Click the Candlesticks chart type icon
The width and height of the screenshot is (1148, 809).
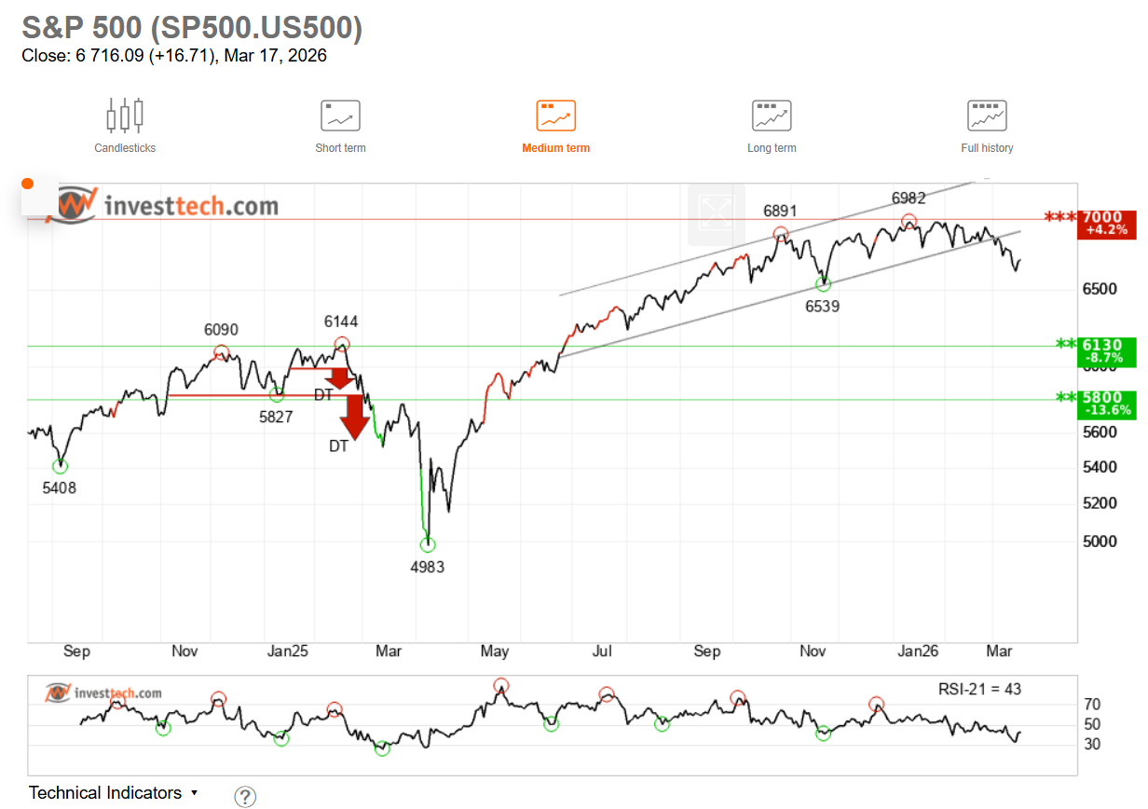point(125,116)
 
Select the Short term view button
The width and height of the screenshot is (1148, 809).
point(340,116)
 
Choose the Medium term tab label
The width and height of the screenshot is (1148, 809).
point(555,148)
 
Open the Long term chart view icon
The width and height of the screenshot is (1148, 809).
point(772,116)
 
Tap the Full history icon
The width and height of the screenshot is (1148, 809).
point(987,116)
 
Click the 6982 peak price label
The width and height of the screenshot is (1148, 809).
point(909,199)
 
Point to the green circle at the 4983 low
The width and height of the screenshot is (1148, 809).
point(428,545)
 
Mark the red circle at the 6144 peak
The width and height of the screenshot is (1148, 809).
point(342,344)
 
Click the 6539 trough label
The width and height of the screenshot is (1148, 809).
point(822,305)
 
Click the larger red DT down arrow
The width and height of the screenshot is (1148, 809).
point(354,417)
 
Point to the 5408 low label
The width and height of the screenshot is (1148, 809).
point(60,487)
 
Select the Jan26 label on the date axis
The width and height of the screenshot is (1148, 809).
point(918,651)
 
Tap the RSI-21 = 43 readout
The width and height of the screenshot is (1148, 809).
point(979,690)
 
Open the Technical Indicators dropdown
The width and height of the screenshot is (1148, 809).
point(114,793)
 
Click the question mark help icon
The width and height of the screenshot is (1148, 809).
point(244,796)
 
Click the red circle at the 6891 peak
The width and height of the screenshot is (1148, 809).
point(781,234)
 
